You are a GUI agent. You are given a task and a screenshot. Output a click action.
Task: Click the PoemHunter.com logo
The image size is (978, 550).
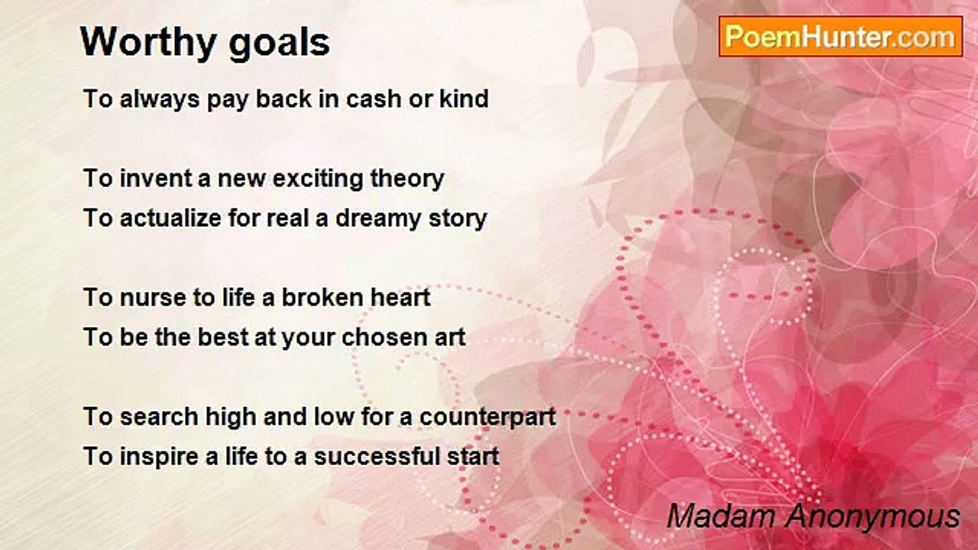pos(840,37)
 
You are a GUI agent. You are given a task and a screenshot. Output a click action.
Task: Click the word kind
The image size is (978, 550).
pos(463,99)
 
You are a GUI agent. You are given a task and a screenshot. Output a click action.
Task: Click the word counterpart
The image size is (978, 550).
pos(487,418)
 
